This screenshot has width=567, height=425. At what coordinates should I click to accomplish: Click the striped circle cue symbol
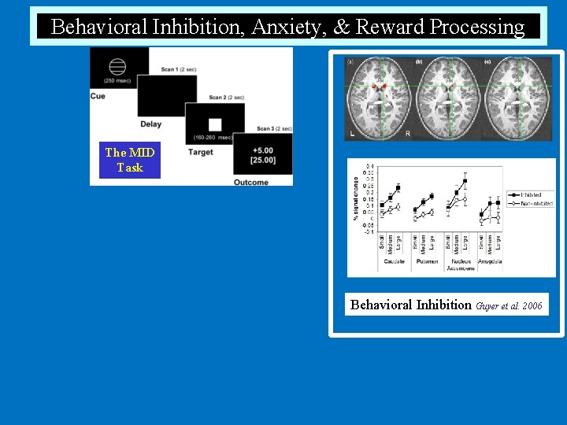pos(117,66)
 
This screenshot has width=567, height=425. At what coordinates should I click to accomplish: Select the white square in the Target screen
pos(215,124)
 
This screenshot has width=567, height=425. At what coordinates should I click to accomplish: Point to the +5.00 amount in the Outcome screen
pos(263,150)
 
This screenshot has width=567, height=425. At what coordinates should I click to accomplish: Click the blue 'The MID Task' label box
pos(129,160)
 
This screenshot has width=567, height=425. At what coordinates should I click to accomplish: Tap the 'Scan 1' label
pos(179,70)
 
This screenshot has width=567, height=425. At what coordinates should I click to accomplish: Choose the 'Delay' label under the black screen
pos(150,124)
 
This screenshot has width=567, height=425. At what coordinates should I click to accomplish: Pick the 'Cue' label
pos(98,97)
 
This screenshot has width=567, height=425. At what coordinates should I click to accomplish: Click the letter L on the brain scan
pos(351,134)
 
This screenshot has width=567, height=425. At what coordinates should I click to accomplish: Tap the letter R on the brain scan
pos(407,134)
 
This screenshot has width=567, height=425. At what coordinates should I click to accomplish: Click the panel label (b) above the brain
pos(418,61)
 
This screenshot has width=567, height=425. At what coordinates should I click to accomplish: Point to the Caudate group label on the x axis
pos(394,261)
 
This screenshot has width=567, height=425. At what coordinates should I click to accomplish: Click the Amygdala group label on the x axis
pos(489,261)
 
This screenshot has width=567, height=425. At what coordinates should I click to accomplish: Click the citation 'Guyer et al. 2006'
pos(510,305)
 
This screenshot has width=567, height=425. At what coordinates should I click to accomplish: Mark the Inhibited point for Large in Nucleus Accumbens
pos(465,181)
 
